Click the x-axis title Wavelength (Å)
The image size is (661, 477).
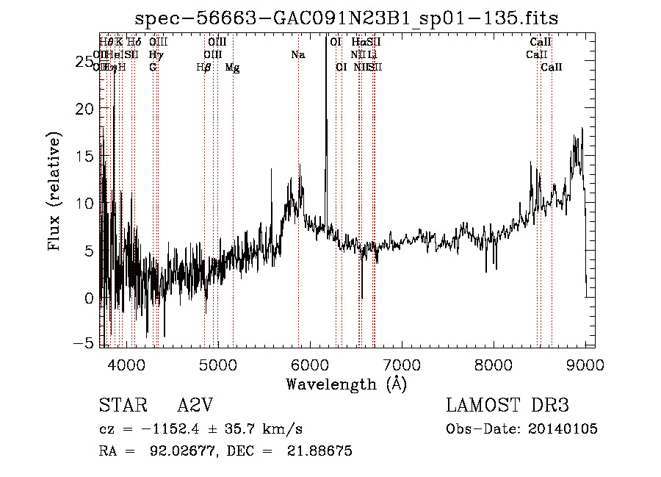346,384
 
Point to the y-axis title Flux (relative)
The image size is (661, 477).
54,192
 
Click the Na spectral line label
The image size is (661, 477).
297,55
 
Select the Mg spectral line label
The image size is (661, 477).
232,68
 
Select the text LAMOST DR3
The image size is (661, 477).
508,405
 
